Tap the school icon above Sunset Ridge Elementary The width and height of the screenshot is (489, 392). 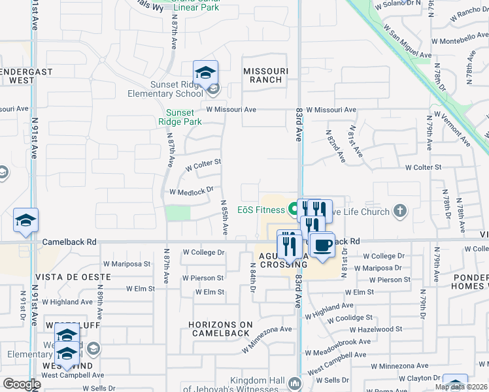pos(205,73)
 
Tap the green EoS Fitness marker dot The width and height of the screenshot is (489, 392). pos(293,210)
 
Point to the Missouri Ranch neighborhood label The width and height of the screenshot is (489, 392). pos(263,75)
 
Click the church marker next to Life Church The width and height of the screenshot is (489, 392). pos(400,211)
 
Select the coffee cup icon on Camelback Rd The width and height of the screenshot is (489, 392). pos(322,245)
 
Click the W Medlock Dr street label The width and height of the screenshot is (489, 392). pos(192,191)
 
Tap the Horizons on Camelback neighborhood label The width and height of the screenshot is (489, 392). pos(220,329)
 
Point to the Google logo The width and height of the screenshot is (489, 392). pos(22,384)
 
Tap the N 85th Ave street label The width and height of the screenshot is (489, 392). pos(224,218)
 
